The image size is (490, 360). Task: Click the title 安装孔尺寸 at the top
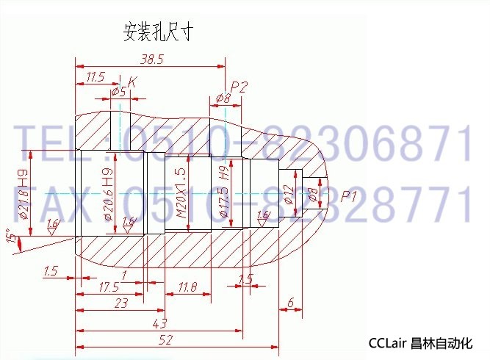click(x=158, y=32)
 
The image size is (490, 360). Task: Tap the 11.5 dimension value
click(x=96, y=76)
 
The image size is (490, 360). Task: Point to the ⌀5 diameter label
click(x=118, y=90)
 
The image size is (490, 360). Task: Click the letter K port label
click(x=132, y=82)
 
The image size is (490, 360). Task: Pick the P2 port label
click(x=239, y=86)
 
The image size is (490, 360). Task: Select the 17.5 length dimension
click(x=108, y=287)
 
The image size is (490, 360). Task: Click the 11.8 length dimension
click(x=187, y=287)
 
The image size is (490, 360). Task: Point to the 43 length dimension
click(x=159, y=323)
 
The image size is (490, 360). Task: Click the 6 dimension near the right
click(x=291, y=302)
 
